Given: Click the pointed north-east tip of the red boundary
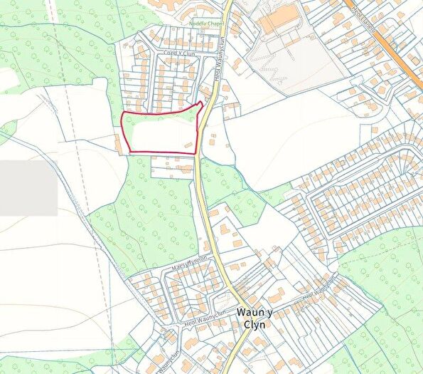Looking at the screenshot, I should tap(202, 103).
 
